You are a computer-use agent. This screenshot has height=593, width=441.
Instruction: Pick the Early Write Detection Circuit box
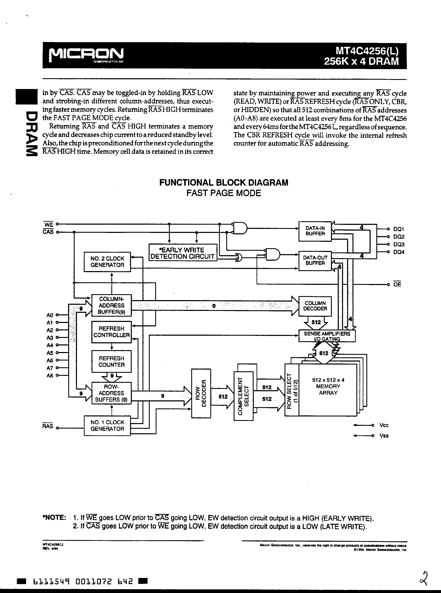tap(183, 253)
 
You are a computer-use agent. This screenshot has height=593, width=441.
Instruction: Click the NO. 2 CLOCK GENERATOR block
tap(107, 262)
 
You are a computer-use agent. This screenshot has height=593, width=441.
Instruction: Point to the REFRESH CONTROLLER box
tap(112, 332)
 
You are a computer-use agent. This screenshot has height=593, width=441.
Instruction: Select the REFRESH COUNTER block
tap(112, 362)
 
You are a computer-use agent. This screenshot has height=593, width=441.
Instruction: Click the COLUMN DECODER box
tap(315, 306)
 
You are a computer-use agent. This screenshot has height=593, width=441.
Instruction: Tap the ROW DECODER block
tap(201, 393)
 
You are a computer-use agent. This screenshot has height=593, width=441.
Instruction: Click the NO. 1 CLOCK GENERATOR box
tap(107, 426)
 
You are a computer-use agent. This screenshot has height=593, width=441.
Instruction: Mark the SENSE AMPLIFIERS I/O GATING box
tap(327, 336)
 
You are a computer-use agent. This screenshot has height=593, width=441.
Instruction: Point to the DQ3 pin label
tap(399, 244)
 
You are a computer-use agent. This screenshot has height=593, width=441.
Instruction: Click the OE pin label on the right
tap(397, 284)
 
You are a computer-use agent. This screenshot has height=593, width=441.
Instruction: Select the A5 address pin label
tap(50, 353)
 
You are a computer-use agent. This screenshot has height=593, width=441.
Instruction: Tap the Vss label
tap(384, 436)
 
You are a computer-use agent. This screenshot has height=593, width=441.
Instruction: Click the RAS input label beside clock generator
tap(47, 426)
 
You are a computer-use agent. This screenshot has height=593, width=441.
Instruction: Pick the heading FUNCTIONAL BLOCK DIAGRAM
tap(224, 182)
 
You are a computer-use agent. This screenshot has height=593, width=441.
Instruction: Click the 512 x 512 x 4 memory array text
tap(328, 386)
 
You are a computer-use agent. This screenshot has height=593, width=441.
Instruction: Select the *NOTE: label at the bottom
tap(54, 518)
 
